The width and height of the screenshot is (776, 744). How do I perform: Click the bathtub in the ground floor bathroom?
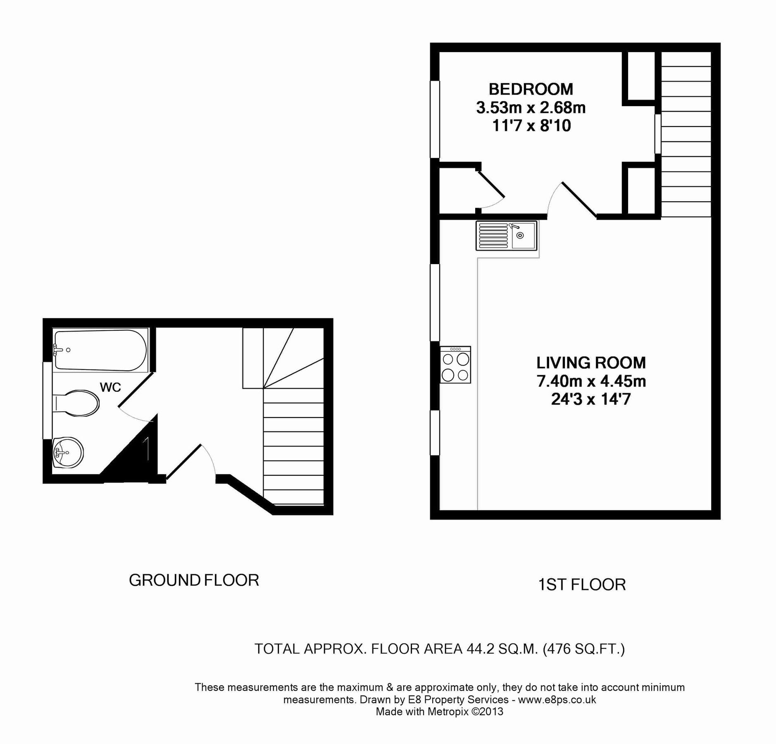point(100,350)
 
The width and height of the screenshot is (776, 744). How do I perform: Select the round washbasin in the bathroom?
point(68,453)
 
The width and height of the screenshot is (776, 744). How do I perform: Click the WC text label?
point(110,387)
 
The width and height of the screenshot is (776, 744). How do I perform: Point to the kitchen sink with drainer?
point(506,236)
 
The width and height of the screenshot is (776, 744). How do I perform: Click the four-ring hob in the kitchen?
point(455,365)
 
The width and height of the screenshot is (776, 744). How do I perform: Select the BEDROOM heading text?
point(531,89)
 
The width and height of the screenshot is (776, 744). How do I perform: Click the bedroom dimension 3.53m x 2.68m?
point(531,108)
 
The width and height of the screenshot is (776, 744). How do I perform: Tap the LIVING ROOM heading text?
point(591,362)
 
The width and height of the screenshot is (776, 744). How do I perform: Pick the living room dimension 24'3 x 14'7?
point(591,399)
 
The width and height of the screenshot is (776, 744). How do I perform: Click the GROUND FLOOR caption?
point(194,580)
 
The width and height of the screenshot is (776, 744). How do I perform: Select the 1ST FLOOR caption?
point(582,584)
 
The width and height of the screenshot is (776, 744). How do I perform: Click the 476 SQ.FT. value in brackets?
point(583,649)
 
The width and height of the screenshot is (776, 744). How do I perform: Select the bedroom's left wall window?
point(435,119)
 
